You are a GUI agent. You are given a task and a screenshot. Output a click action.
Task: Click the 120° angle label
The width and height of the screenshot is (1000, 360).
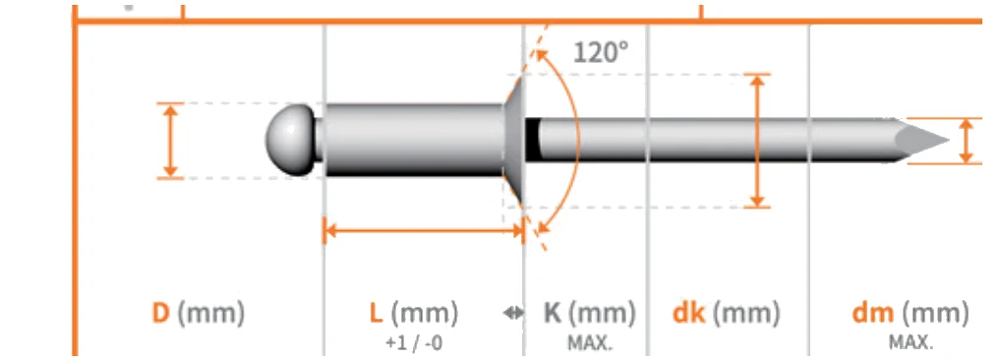600,52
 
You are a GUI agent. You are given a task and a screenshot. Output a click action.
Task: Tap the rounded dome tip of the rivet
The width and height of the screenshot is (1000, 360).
289,140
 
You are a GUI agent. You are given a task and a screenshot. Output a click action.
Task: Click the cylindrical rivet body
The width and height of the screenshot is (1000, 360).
413,140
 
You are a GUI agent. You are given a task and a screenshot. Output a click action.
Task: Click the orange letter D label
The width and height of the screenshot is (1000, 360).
160,314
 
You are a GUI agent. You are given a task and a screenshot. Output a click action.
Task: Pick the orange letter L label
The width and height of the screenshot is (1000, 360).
377,314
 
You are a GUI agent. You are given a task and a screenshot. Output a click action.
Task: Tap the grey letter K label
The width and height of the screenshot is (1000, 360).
553,314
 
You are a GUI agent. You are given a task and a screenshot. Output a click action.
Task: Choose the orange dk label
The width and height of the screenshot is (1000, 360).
689,314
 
